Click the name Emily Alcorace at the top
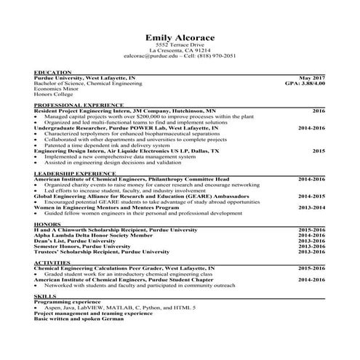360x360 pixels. (x=180, y=38)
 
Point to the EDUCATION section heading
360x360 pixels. (x=52, y=72)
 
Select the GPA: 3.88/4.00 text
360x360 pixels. (x=305, y=84)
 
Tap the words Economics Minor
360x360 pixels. (x=56, y=89)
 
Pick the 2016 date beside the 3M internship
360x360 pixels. (x=319, y=111)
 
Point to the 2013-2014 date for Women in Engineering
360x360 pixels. (x=311, y=207)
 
